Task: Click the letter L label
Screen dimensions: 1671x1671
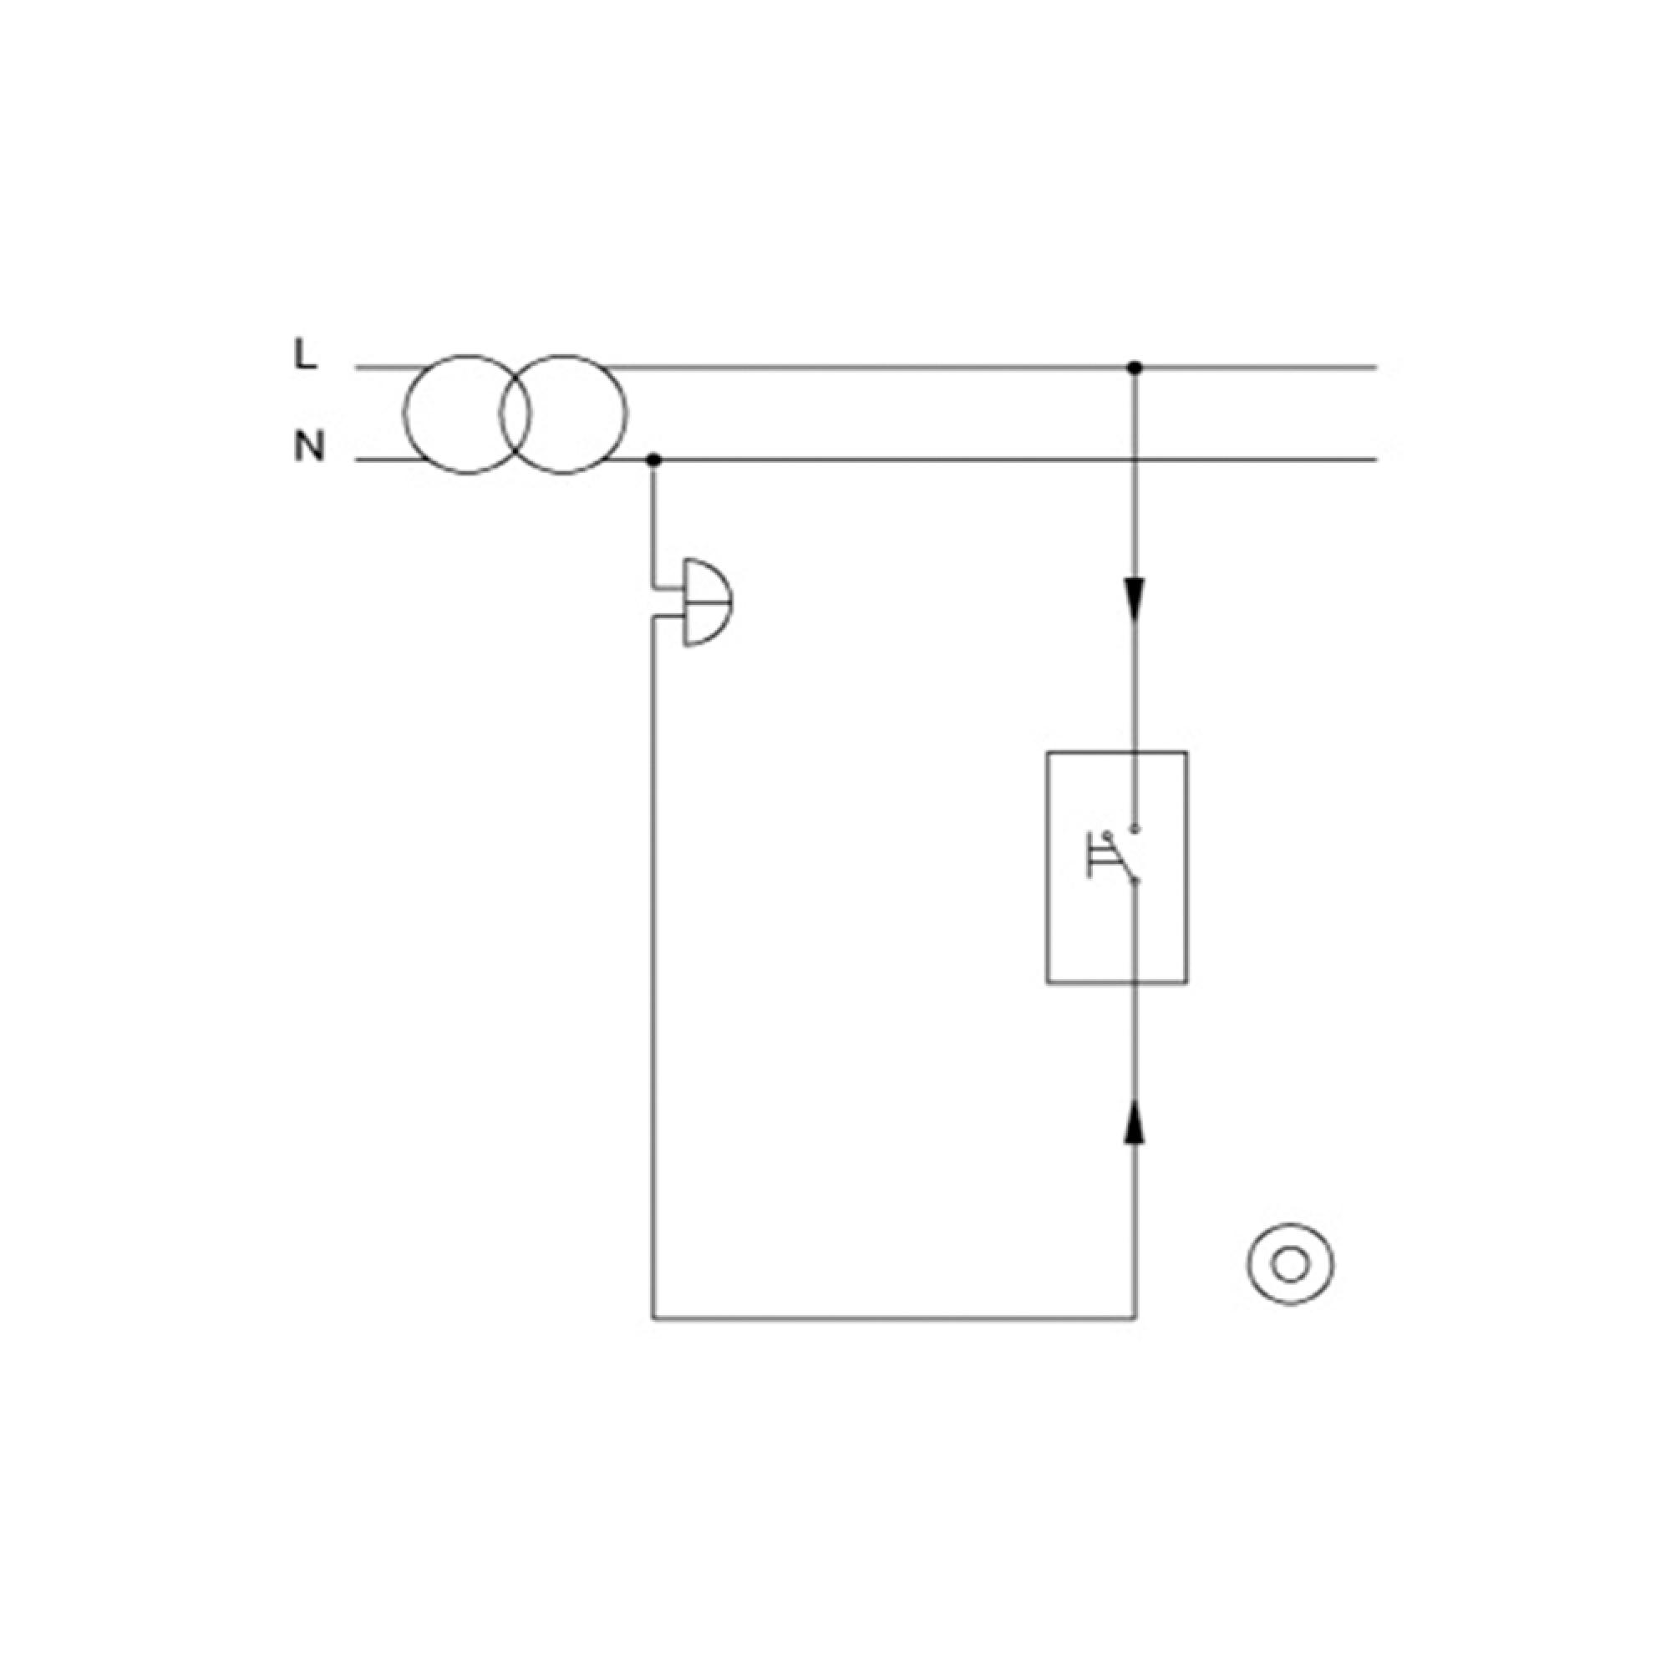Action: pos(305,353)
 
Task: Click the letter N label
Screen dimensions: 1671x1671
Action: pos(310,446)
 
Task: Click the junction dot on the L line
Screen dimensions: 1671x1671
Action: pos(1135,368)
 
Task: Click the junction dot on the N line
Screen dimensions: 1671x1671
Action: pos(654,460)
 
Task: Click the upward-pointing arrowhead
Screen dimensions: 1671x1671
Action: pos(1135,1121)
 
